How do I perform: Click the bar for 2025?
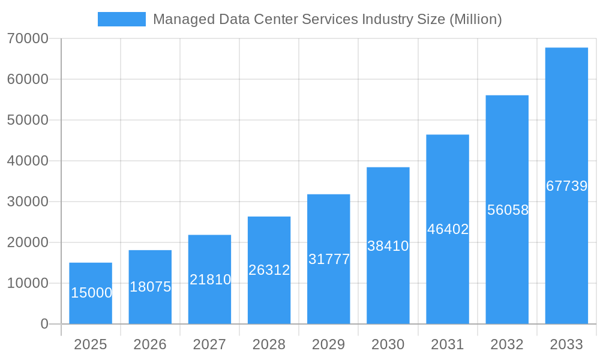91,293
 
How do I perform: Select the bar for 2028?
269,270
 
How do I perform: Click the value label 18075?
150,287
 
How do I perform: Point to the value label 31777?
329,259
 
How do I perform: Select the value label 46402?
448,229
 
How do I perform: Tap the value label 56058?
508,210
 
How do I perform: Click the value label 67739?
566,186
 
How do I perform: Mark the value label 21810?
210,280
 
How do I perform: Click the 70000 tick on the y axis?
28,38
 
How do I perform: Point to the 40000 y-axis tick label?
28,161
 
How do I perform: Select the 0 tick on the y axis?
44,324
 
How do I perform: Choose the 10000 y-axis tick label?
28,283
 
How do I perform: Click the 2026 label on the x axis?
150,344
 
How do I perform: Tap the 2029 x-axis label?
329,344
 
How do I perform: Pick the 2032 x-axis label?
507,344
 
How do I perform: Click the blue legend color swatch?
122,19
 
